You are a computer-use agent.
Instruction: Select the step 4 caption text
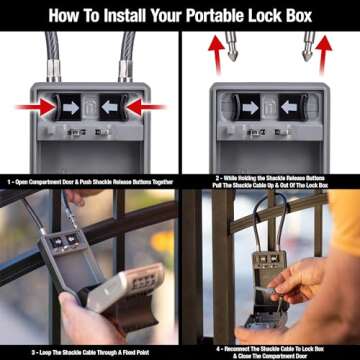[270, 350]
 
